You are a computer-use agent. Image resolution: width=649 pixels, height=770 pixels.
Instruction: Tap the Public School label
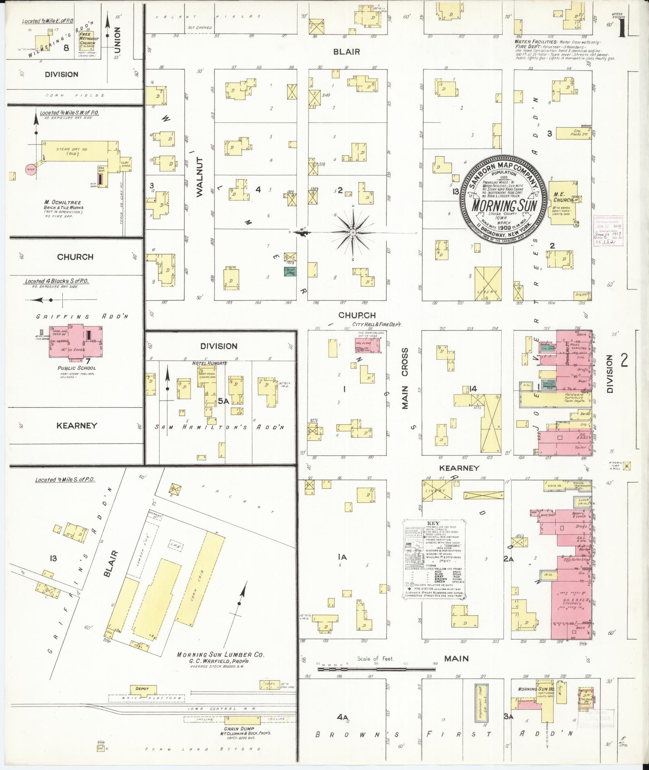click(76, 367)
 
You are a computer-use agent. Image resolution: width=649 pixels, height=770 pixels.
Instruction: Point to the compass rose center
click(353, 233)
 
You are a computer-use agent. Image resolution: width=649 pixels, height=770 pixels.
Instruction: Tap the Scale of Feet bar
click(376, 669)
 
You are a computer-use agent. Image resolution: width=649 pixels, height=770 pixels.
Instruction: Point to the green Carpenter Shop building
click(290, 272)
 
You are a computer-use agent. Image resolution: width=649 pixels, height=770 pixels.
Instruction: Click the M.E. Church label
click(563, 197)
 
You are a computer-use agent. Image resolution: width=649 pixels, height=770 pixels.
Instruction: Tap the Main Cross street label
click(405, 378)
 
